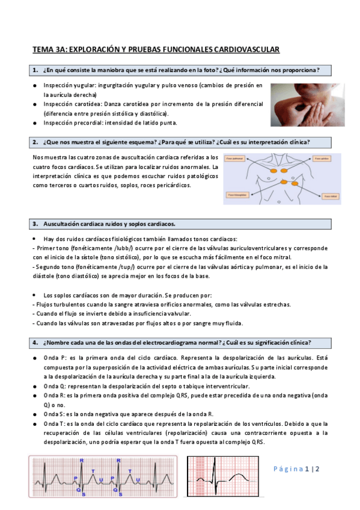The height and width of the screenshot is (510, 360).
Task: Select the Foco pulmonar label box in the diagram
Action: click(x=237, y=160)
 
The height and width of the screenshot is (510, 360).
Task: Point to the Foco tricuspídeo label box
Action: click(x=237, y=195)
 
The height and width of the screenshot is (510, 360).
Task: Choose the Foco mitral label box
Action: click(x=330, y=197)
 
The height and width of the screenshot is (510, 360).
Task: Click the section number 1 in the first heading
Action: click(x=35, y=70)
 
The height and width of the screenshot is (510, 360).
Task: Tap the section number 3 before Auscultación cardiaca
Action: click(x=35, y=224)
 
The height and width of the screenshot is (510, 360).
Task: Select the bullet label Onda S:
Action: click(x=53, y=414)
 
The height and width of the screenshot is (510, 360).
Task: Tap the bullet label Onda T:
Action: click(x=53, y=423)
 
